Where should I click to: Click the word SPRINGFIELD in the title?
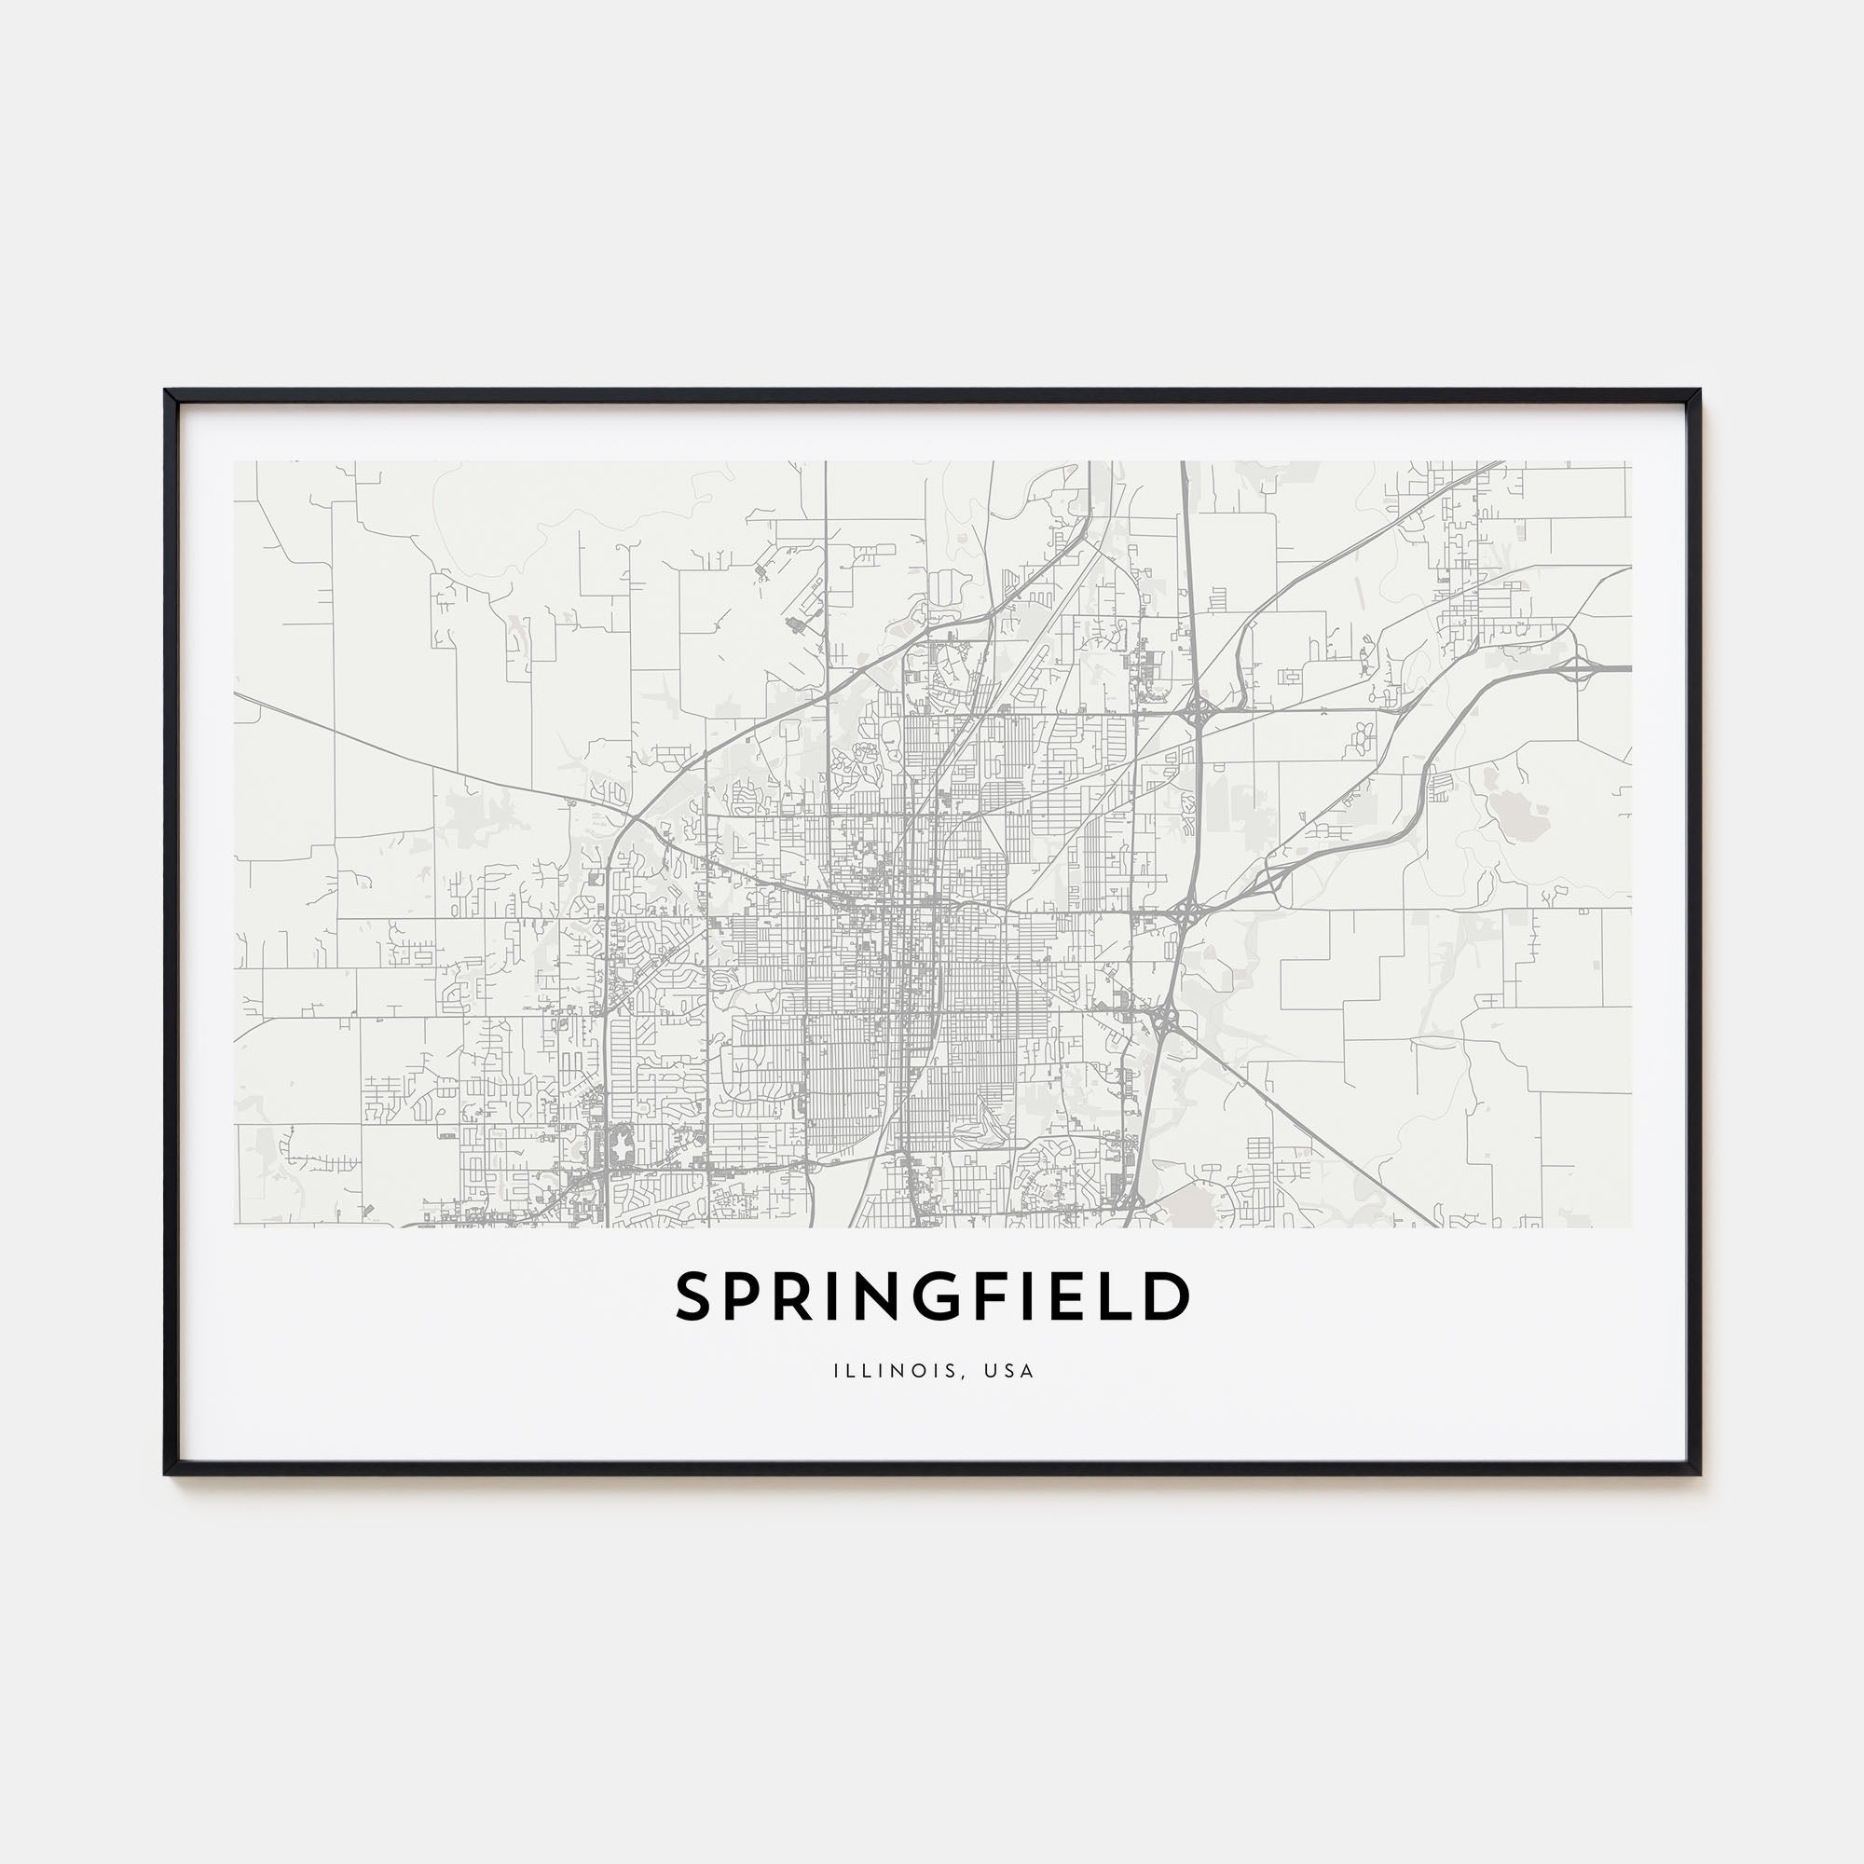932,1296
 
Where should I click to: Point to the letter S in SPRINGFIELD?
693,1296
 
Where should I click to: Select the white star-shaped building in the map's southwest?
621,1147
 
